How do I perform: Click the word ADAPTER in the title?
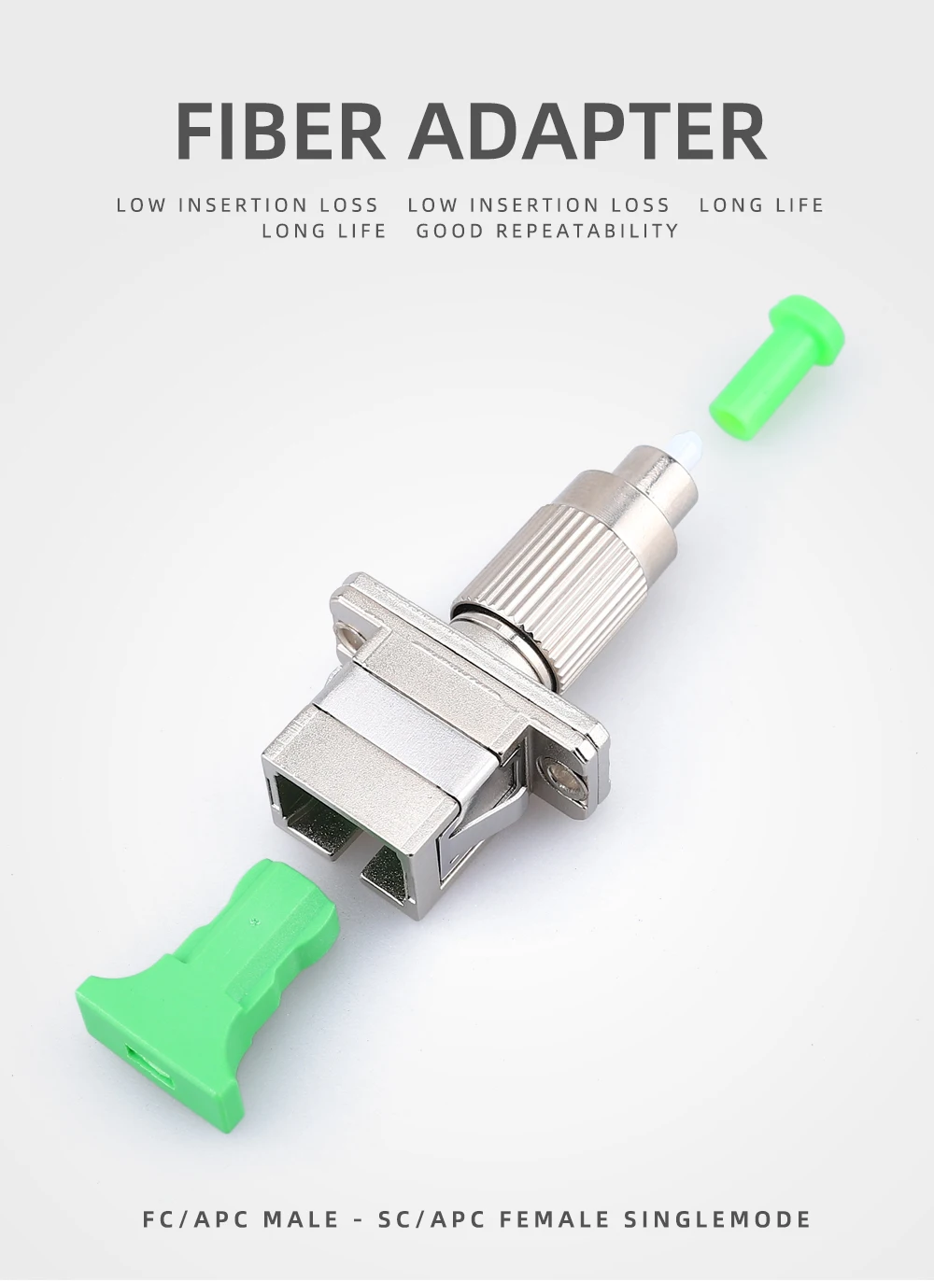[x=587, y=131]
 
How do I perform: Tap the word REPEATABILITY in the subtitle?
[x=587, y=231]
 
